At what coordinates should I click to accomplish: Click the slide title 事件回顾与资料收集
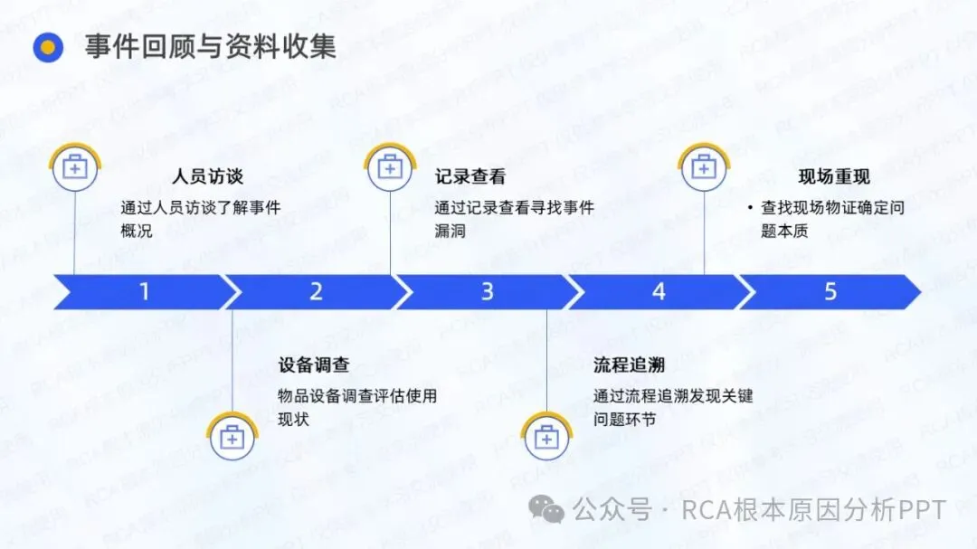(x=210, y=46)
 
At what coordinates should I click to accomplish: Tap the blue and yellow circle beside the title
(x=47, y=47)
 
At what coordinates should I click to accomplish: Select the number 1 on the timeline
(x=144, y=292)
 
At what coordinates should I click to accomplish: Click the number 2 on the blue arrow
(x=316, y=292)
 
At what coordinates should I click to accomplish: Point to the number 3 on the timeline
(x=488, y=292)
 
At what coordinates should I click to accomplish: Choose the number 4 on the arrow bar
(x=659, y=292)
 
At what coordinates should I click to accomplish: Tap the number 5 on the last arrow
(x=830, y=292)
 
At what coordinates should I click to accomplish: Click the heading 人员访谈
(x=207, y=176)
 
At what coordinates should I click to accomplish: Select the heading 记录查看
(x=470, y=176)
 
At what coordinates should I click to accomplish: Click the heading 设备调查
(x=313, y=365)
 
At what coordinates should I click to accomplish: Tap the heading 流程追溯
(x=629, y=365)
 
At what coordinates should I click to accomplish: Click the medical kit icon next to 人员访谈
(x=75, y=167)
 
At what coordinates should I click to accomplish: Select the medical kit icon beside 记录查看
(x=390, y=167)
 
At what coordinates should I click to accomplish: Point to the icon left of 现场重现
(x=704, y=167)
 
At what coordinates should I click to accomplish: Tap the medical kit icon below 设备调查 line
(x=232, y=439)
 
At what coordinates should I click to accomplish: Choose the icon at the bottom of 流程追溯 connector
(x=546, y=439)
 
